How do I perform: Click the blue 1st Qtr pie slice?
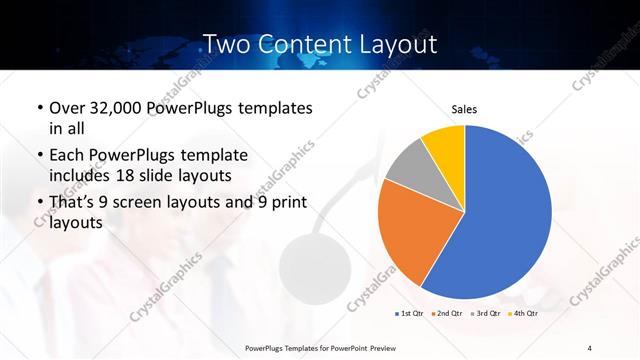pos(505,215)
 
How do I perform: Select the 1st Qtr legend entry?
pos(409,313)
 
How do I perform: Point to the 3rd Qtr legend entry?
pos(486,313)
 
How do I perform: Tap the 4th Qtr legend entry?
pos(523,313)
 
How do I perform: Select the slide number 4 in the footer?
pos(590,347)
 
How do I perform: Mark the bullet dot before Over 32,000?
pos(38,108)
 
